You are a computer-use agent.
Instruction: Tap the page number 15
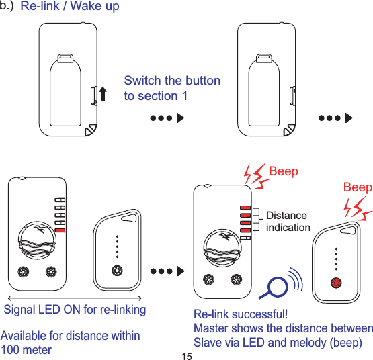pyautogui.click(x=186, y=354)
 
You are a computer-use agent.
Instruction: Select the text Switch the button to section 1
pyautogui.click(x=172, y=88)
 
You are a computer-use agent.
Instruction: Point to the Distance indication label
pyautogui.click(x=288, y=221)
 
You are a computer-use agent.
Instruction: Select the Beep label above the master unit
pyautogui.click(x=283, y=172)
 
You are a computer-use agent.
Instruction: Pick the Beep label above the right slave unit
pyautogui.click(x=358, y=187)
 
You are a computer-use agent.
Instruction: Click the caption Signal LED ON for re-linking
pyautogui.click(x=75, y=310)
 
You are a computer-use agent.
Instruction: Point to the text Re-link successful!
pyautogui.click(x=240, y=314)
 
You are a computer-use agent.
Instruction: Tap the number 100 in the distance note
pyautogui.click(x=13, y=350)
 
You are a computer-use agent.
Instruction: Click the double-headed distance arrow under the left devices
pyautogui.click(x=74, y=297)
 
